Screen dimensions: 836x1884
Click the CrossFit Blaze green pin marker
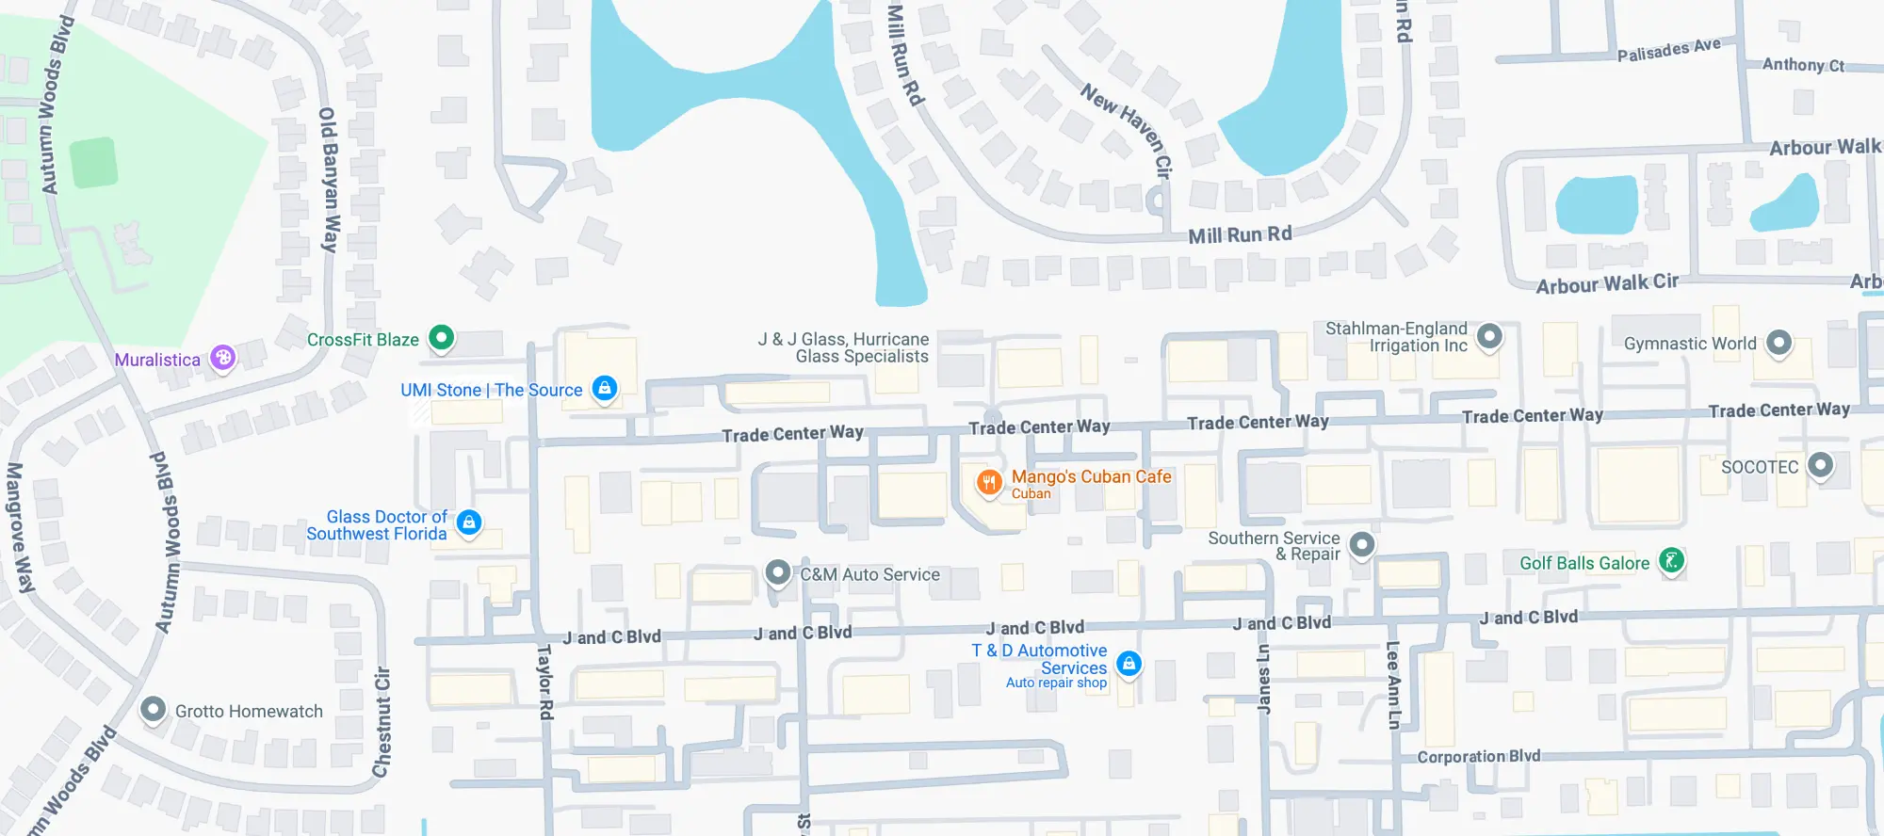click(x=441, y=337)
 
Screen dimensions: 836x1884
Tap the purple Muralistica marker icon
click(x=222, y=358)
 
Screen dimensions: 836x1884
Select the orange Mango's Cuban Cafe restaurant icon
click(x=988, y=483)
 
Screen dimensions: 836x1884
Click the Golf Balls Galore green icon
click(x=1671, y=561)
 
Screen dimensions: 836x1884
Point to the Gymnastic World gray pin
click(x=1778, y=343)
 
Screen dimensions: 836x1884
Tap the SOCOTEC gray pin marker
click(x=1820, y=465)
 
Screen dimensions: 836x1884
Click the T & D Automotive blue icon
click(x=1129, y=664)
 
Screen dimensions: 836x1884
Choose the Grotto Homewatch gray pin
click(x=153, y=709)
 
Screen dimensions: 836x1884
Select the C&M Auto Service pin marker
click(x=777, y=571)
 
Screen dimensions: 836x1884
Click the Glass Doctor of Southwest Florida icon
click(x=469, y=522)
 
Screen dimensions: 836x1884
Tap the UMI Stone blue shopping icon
click(x=605, y=387)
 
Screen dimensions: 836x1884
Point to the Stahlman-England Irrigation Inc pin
click(x=1489, y=335)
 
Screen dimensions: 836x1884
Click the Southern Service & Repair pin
click(x=1361, y=544)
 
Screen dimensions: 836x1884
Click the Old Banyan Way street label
click(x=329, y=179)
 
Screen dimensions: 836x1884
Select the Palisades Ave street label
click(x=1668, y=50)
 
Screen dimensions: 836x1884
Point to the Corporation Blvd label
click(x=1478, y=756)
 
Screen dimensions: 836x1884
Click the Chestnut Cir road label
click(x=382, y=722)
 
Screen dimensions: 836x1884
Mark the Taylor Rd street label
click(x=544, y=683)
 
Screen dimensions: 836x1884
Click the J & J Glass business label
click(x=843, y=347)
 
